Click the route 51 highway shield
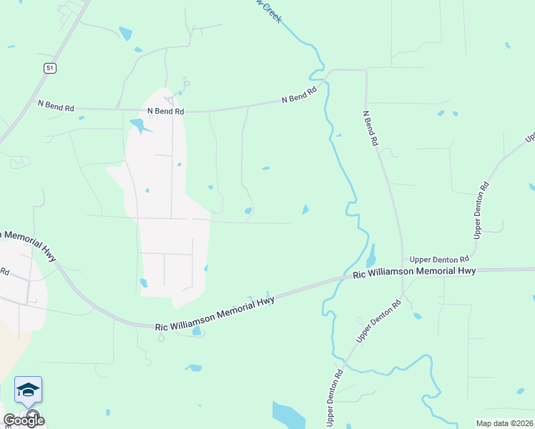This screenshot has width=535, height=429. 49,68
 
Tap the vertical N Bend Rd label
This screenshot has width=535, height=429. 369,128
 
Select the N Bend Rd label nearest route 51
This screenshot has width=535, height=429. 56,105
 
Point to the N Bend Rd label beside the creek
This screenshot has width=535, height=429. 299,97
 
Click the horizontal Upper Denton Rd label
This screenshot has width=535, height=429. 439,259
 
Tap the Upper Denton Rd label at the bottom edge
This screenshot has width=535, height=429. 334,398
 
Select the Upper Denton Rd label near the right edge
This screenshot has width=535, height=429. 481,209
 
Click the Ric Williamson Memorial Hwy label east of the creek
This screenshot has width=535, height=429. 414,272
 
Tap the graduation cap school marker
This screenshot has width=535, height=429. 28,390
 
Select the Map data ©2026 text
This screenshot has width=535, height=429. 504,423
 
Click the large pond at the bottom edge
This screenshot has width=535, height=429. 288,415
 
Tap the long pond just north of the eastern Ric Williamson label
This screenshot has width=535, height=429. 370,255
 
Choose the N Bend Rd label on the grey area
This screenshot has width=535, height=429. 165,112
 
